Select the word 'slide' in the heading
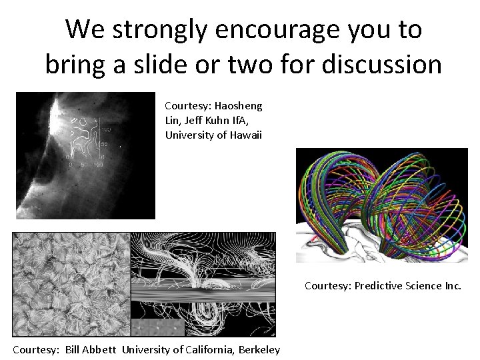click(187, 65)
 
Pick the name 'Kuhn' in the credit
click(227, 121)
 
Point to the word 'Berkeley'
click(258, 351)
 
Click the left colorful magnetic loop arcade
click(337, 200)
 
